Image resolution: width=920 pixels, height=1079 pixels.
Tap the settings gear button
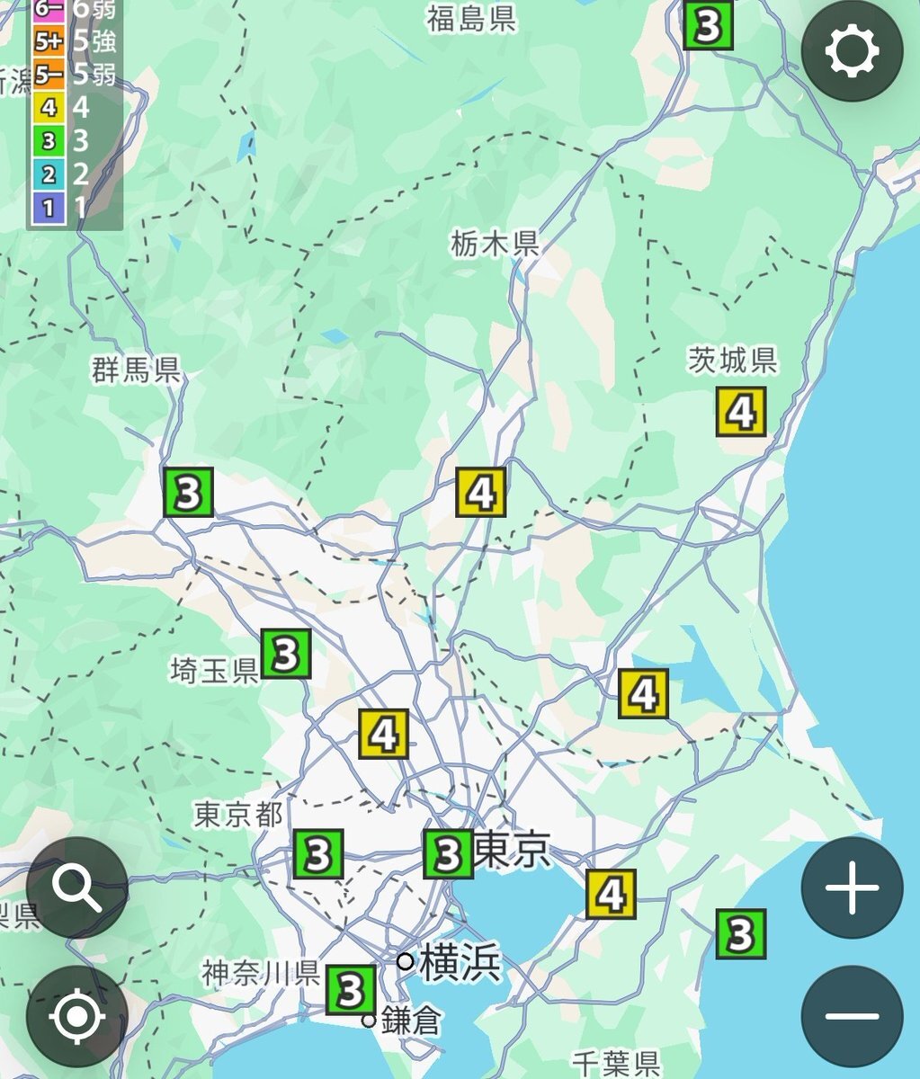pos(851,51)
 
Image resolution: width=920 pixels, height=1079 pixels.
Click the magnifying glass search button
pos(77,887)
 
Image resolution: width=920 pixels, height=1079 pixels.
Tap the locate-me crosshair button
pos(77,1017)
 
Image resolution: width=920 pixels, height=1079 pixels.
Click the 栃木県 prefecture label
pos(496,243)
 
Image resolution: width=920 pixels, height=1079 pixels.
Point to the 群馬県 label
pos(136,370)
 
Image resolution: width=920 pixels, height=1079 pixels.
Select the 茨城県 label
pos(732,361)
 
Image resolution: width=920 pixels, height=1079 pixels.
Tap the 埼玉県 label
pos(214,670)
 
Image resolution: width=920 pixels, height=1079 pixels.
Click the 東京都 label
pos(238,816)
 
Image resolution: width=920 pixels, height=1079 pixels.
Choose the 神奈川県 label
pos(261,973)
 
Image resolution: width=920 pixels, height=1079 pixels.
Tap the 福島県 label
pos(471,19)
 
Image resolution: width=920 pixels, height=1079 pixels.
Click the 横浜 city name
pos(460,963)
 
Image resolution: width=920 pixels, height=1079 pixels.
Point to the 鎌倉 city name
pos(411,1021)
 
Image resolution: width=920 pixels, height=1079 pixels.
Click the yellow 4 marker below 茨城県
pos(741,412)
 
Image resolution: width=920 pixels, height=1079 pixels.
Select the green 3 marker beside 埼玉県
pos(286,654)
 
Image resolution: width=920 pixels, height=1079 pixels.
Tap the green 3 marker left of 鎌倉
pos(351,991)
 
